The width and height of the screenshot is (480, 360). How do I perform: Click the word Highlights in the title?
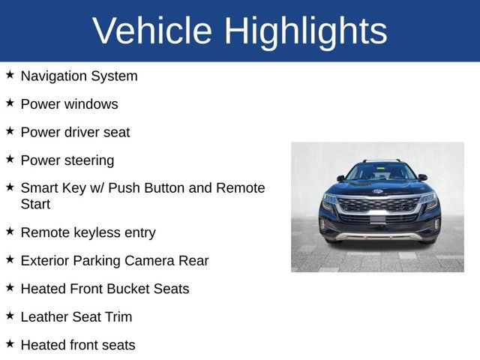click(x=305, y=31)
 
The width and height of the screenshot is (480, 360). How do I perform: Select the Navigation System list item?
click(x=79, y=76)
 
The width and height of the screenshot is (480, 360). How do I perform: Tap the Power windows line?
click(x=69, y=104)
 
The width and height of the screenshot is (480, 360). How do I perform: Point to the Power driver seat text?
click(x=75, y=132)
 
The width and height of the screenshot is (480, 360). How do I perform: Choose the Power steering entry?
click(x=67, y=160)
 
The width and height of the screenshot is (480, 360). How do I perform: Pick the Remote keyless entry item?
click(x=88, y=232)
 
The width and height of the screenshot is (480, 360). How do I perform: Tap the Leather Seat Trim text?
click(x=76, y=317)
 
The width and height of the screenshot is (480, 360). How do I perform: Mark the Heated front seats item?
click(x=78, y=345)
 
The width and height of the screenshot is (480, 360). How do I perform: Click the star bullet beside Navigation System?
click(x=10, y=75)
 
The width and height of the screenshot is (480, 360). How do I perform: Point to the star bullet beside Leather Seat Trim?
click(x=10, y=316)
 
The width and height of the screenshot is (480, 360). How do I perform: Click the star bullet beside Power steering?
click(x=10, y=159)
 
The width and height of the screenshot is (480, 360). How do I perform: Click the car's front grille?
click(x=378, y=205)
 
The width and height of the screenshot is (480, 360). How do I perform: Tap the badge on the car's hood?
click(x=378, y=191)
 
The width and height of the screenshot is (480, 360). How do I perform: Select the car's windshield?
click(x=379, y=172)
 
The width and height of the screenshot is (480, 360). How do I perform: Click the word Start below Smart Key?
click(x=35, y=204)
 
